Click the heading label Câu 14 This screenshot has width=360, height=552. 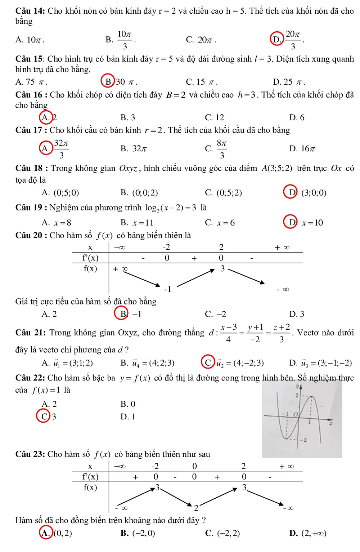pyautogui.click(x=30, y=11)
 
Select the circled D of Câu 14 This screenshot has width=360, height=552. pyautogui.click(x=276, y=39)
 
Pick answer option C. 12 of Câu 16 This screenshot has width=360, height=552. pyautogui.click(x=214, y=117)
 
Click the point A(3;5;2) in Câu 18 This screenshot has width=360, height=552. pyautogui.click(x=277, y=168)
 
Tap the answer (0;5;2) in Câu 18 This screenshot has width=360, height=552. pyautogui.click(x=229, y=193)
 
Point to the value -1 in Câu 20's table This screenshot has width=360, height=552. pyautogui.click(x=167, y=289)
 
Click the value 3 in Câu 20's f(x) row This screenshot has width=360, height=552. pyautogui.click(x=222, y=268)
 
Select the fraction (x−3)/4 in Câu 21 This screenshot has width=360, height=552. pyautogui.click(x=229, y=333)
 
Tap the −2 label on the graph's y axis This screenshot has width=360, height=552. pyautogui.click(x=304, y=440)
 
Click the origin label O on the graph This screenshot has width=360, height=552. pyautogui.click(x=296, y=414)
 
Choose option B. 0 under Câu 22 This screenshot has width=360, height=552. pyautogui.click(x=128, y=404)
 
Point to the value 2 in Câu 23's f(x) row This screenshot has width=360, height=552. pyautogui.click(x=196, y=508)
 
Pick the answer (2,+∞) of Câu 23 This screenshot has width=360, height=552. pyautogui.click(x=314, y=533)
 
